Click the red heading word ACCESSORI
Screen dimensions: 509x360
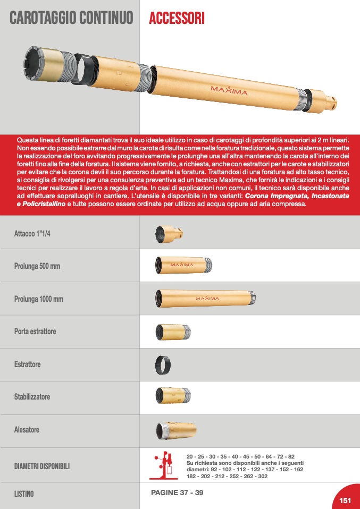[x=177, y=19]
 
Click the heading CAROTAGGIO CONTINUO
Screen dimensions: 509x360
[x=71, y=19]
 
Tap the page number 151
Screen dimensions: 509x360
[x=346, y=500]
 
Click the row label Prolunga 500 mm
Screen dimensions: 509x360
[x=37, y=266]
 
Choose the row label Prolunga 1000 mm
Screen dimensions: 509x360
[x=38, y=299]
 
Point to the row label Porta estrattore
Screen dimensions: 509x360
[x=35, y=332]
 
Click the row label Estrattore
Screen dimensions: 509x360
[x=28, y=364]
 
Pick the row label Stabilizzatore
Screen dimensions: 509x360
[x=32, y=397]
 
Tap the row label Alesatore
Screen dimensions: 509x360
[x=27, y=430]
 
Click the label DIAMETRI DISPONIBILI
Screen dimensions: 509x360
[x=42, y=466]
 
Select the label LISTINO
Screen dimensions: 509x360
[x=24, y=494]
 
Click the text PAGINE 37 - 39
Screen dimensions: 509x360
[x=177, y=493]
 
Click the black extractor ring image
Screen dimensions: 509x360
[x=163, y=364]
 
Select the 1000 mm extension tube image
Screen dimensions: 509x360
[x=205, y=298]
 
